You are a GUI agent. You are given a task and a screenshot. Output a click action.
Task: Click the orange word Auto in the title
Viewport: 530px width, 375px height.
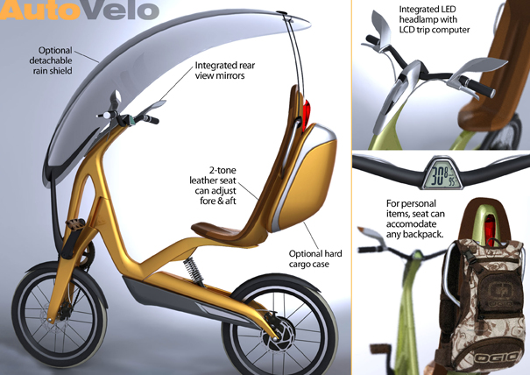point(40,10)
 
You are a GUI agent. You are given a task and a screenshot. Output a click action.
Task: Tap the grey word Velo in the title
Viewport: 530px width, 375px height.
point(120,10)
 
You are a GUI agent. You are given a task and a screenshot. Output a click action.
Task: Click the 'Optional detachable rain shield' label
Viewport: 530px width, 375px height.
point(51,60)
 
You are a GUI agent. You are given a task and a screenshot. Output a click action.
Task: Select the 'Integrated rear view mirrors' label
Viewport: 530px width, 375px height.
point(225,70)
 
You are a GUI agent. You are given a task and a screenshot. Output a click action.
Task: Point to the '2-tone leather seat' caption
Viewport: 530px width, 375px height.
point(213,185)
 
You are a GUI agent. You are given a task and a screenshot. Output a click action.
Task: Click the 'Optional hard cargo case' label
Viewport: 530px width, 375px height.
point(315,258)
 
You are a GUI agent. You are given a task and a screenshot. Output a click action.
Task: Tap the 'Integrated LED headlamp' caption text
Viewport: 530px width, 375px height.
point(435,19)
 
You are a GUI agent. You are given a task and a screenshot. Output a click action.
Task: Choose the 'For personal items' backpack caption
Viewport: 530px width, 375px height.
point(415,219)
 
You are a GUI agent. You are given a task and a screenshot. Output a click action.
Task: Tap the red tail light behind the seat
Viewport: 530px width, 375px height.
point(307,114)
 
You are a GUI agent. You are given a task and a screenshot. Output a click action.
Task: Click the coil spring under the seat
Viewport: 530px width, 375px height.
point(194,270)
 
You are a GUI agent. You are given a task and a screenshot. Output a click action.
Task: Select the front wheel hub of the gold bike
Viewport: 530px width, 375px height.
point(60,314)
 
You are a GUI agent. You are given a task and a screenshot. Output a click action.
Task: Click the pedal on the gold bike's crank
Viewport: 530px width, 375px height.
point(76,224)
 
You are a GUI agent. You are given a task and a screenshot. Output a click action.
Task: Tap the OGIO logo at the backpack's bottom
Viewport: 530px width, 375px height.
point(496,357)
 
